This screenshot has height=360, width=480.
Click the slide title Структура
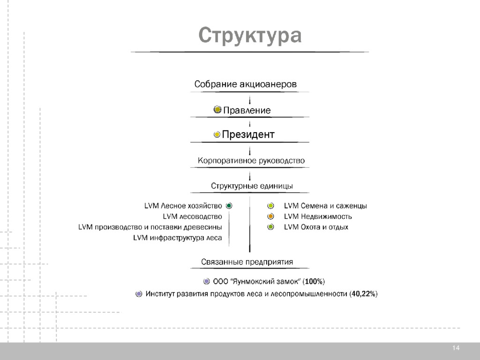[x=249, y=36]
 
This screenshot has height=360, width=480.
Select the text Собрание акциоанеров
[x=246, y=84]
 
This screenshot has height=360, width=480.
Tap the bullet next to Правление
[x=217, y=110]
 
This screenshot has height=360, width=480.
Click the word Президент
[x=248, y=135]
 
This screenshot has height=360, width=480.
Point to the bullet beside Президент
[x=217, y=135]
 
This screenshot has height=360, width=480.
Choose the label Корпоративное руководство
[x=251, y=160]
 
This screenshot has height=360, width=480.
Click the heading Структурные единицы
[x=252, y=186]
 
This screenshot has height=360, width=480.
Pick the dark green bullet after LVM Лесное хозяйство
[x=229, y=206]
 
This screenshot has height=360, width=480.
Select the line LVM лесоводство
[x=192, y=217]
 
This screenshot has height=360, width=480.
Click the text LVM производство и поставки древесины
[x=150, y=227]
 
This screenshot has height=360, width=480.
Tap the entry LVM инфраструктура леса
[x=178, y=238]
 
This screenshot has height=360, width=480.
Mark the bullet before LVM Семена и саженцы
[x=270, y=206]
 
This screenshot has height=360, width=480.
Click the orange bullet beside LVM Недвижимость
[x=270, y=217]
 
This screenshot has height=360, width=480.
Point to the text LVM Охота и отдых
[x=316, y=227]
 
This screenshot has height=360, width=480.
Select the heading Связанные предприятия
[x=247, y=262]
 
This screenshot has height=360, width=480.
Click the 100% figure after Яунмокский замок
[x=313, y=282]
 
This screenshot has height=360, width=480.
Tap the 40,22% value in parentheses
[x=363, y=294]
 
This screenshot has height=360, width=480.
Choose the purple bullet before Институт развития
[x=139, y=294]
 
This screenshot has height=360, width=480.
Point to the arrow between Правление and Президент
[x=250, y=124]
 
